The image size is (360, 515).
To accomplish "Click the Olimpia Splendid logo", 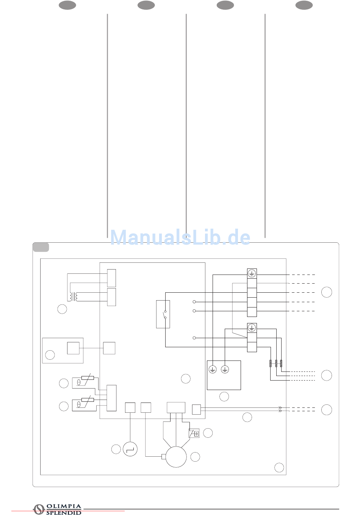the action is (x=58, y=509).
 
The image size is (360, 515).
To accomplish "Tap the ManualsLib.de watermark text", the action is (x=180, y=238).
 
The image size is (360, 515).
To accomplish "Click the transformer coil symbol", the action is (x=74, y=297).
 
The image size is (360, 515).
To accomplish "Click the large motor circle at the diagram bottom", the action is (x=176, y=457).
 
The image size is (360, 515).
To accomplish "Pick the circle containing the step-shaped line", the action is (x=130, y=449).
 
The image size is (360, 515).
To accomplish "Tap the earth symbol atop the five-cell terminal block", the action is (x=252, y=273).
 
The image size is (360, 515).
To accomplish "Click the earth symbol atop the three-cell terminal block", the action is (x=252, y=328).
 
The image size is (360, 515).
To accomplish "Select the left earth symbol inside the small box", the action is (x=213, y=369).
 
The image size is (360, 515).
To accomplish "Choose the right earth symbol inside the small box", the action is (x=225, y=369).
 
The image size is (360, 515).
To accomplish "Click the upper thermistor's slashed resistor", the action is (x=88, y=378).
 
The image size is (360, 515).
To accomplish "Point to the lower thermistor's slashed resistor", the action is (x=88, y=400).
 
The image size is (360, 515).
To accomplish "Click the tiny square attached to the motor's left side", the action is (x=163, y=456).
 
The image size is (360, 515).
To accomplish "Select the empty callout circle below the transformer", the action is (x=62, y=309).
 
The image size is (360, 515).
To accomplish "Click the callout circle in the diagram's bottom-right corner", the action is (x=279, y=467).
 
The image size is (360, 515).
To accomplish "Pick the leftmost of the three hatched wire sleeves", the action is (x=270, y=364).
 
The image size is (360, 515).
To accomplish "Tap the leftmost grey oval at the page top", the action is (x=67, y=5).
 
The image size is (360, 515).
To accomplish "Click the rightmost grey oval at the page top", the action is (x=304, y=5).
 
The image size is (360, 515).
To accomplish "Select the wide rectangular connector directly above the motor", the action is (x=176, y=407).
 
